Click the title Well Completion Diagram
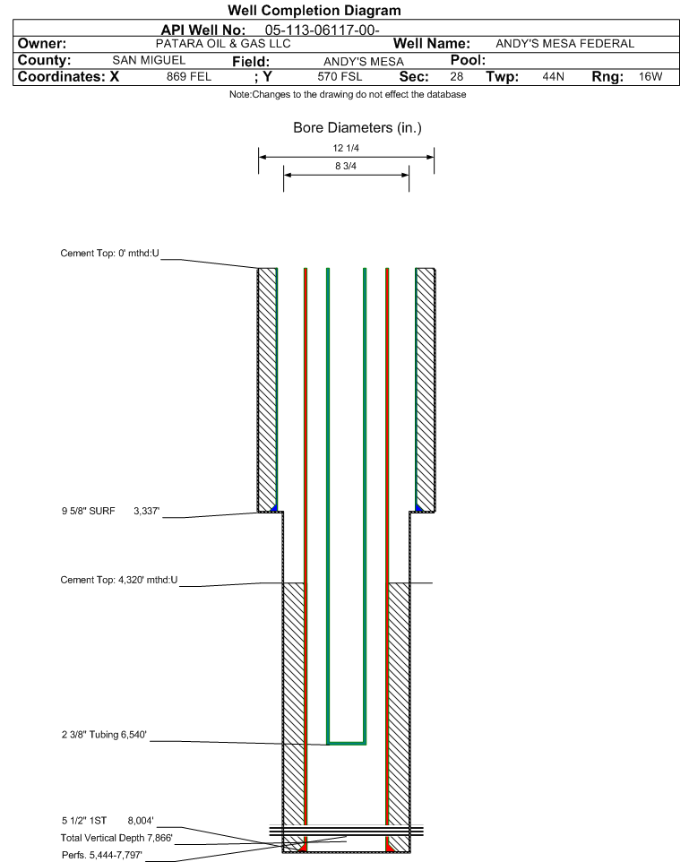(x=314, y=11)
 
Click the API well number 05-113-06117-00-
(x=323, y=30)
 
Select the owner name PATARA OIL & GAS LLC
(x=223, y=44)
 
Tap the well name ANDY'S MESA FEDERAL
(x=564, y=44)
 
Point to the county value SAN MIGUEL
(x=149, y=60)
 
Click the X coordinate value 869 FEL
(x=189, y=77)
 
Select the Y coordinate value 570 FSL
(x=340, y=77)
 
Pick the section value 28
(x=456, y=77)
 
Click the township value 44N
(x=553, y=77)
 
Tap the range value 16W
(x=650, y=77)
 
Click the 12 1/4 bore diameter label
(x=346, y=148)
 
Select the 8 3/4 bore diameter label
(x=346, y=166)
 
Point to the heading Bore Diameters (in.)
(x=357, y=128)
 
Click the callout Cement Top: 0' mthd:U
(x=110, y=254)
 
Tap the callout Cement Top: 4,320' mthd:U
(x=119, y=580)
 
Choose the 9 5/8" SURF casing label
(x=89, y=512)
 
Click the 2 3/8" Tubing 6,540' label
(x=105, y=735)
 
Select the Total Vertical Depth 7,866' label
(x=116, y=839)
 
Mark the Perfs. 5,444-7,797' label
(x=102, y=856)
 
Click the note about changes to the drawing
(x=348, y=95)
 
